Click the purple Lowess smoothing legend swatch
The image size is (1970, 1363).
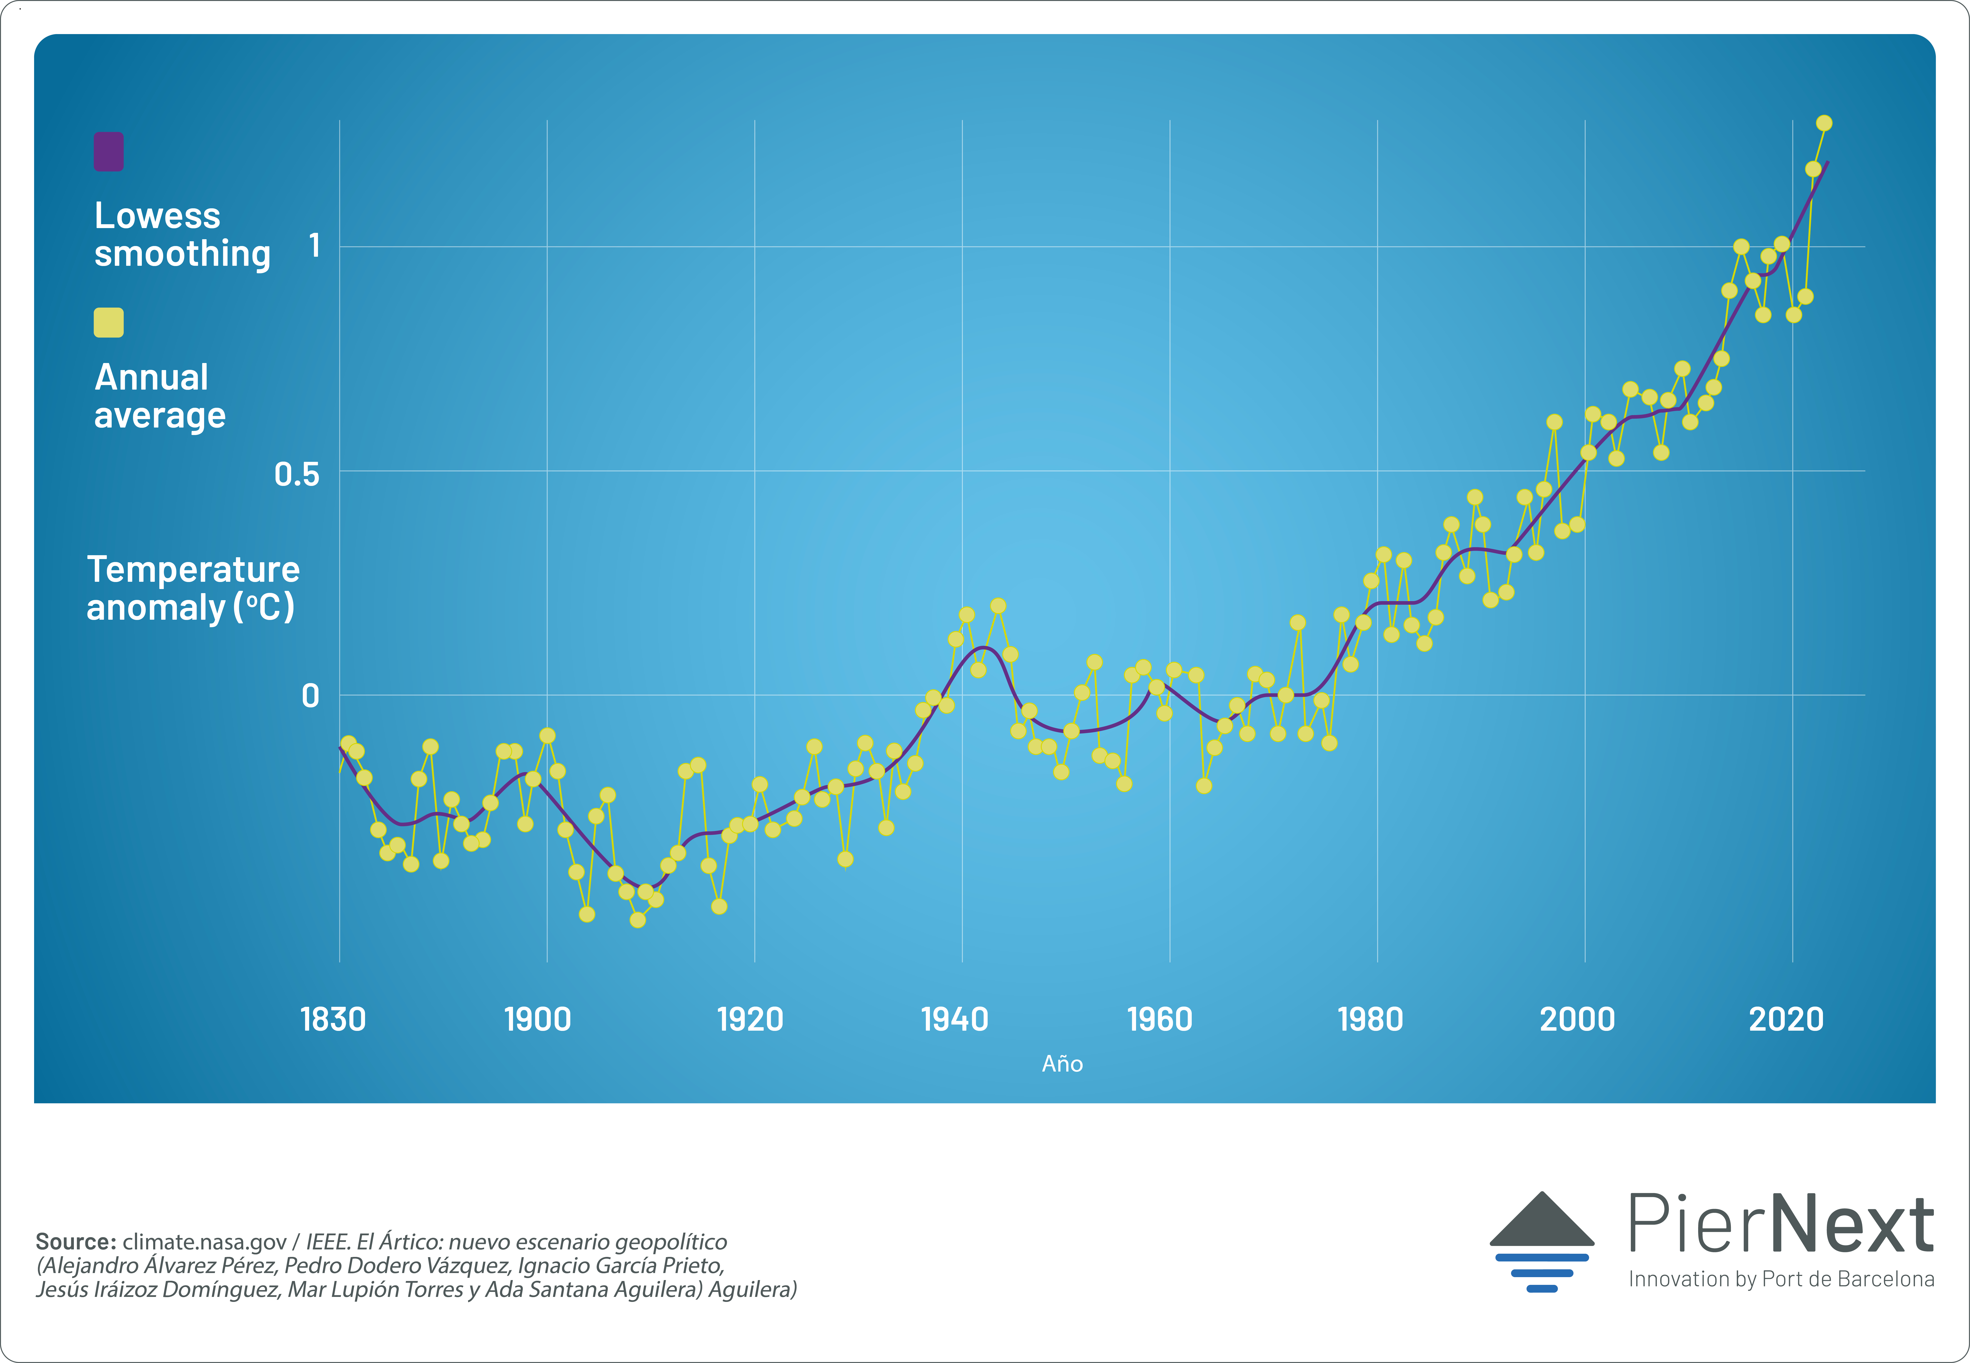tap(108, 152)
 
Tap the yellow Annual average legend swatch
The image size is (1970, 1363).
tap(108, 323)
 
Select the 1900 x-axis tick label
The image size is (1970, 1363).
tap(537, 1019)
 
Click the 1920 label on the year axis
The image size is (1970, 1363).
tap(750, 1019)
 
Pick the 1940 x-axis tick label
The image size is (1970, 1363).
tap(954, 1019)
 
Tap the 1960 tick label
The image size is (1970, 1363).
tap(1159, 1019)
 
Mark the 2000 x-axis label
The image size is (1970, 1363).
tap(1577, 1019)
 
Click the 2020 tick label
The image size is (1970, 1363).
tap(1786, 1019)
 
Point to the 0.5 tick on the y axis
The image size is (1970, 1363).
tap(296, 474)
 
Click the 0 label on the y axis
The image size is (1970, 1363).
tap(310, 696)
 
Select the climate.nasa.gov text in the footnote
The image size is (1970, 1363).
tap(204, 1242)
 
